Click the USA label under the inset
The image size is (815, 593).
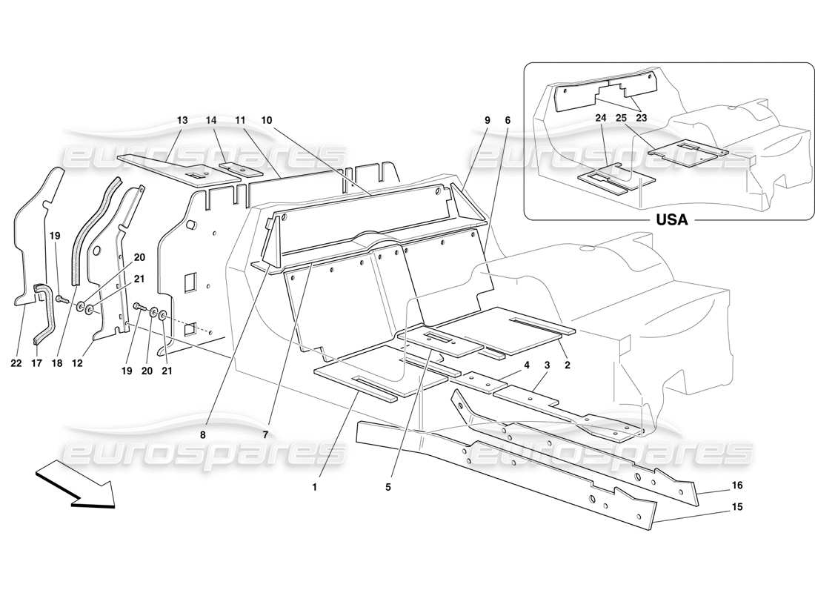(x=672, y=220)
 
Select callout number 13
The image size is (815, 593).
(x=182, y=119)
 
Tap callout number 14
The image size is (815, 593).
(x=212, y=119)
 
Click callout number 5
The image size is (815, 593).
(x=387, y=487)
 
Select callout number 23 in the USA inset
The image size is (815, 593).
(x=641, y=117)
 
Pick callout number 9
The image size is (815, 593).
(x=487, y=119)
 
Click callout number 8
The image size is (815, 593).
(x=203, y=435)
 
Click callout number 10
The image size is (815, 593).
(x=266, y=119)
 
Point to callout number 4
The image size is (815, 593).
(x=527, y=365)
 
